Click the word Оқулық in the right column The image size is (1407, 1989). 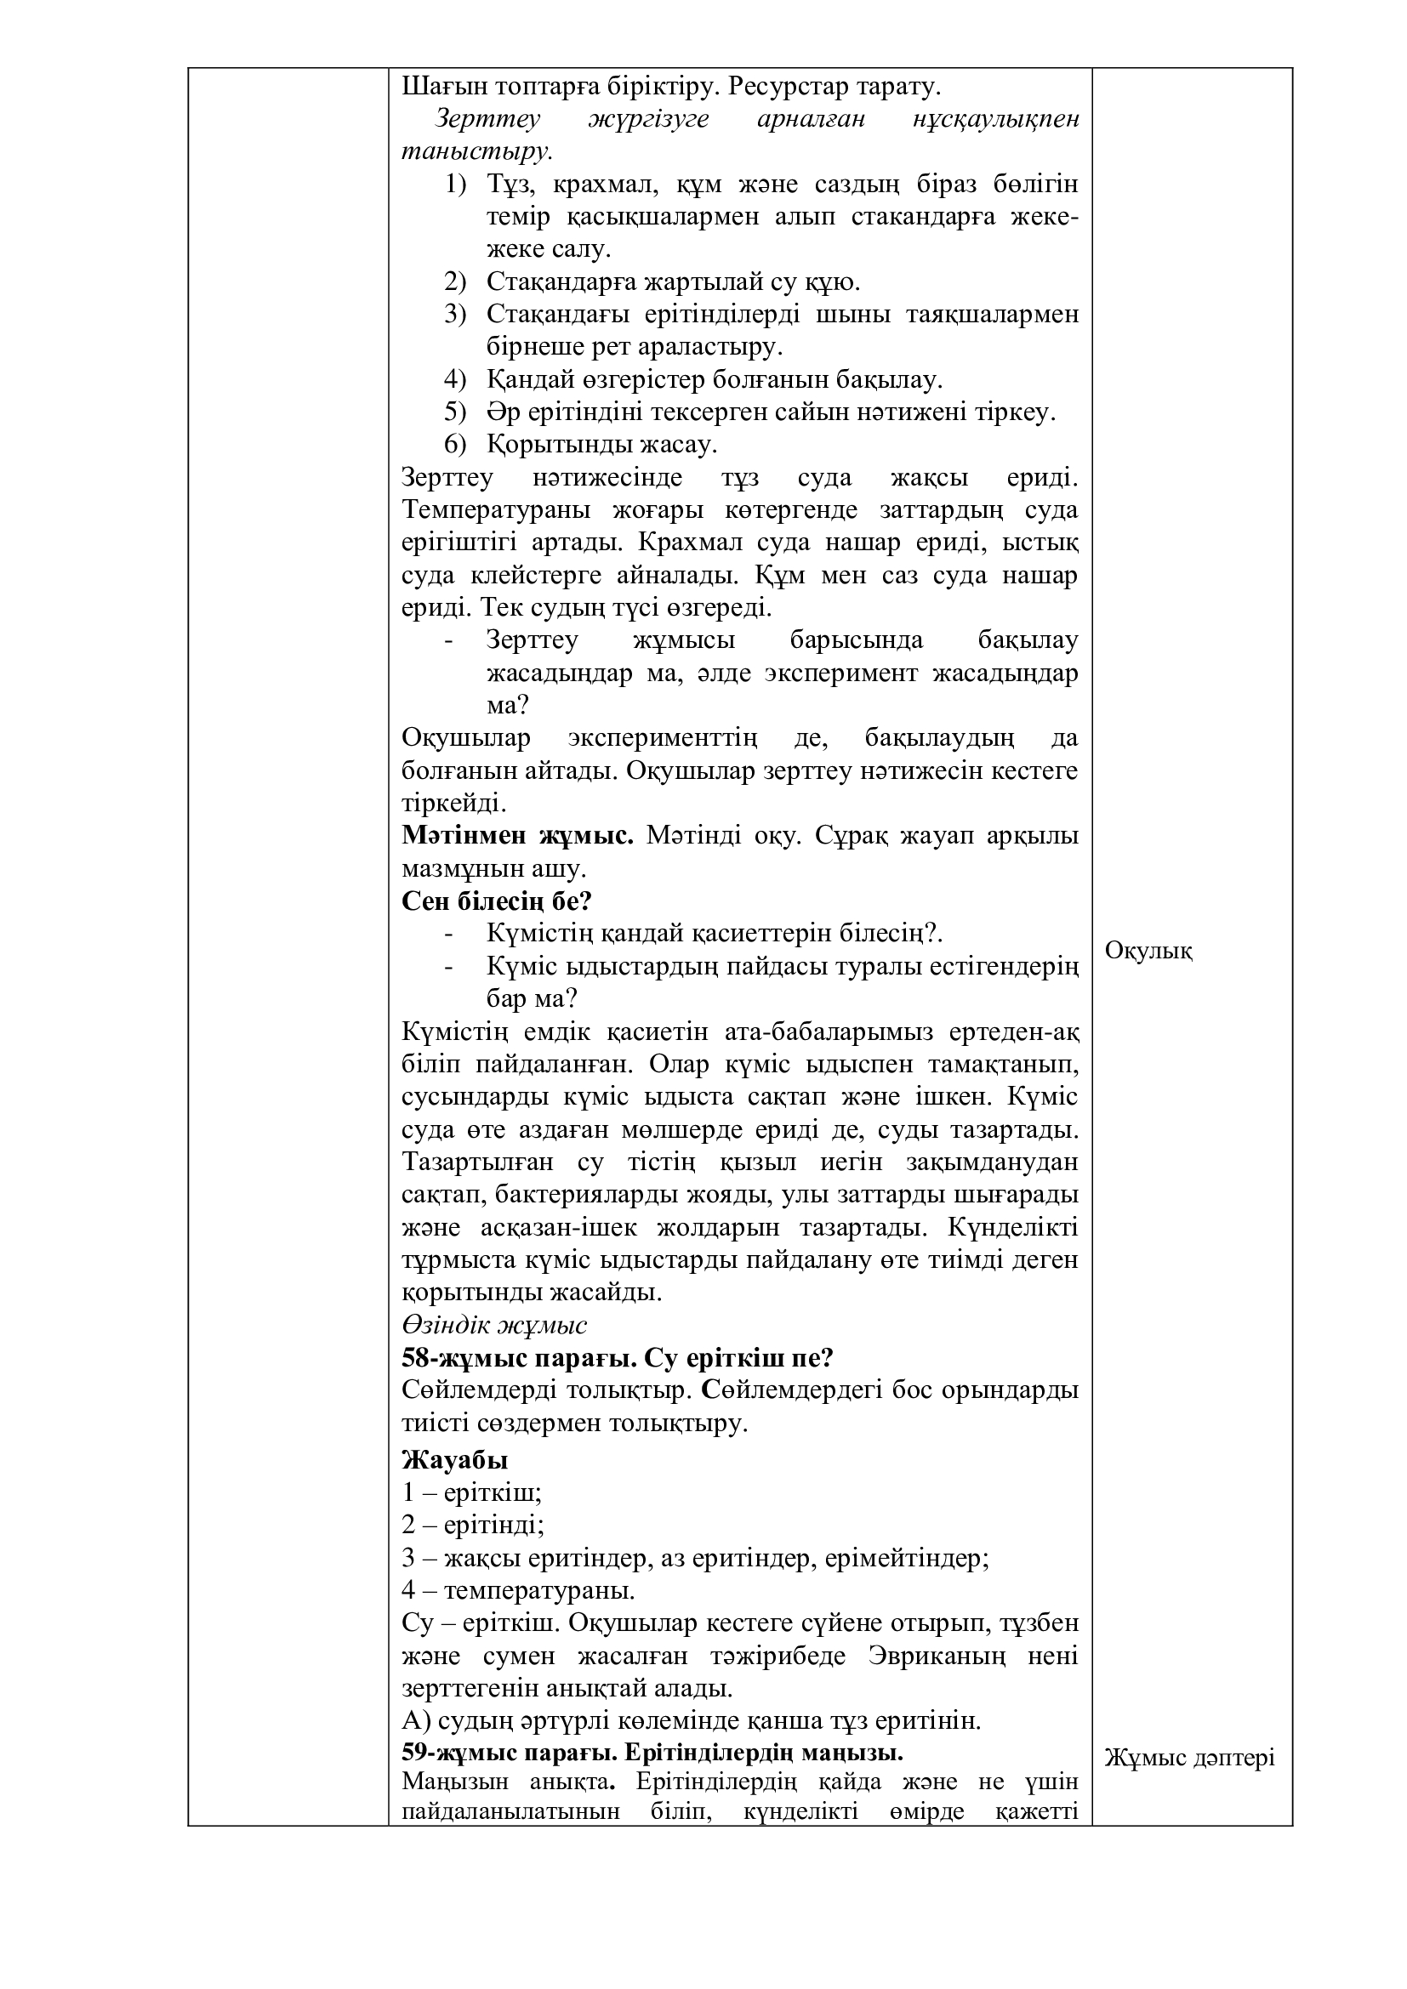pyautogui.click(x=1148, y=952)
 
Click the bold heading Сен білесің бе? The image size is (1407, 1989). pyautogui.click(x=497, y=901)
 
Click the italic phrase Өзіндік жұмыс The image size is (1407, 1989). pyautogui.click(x=495, y=1325)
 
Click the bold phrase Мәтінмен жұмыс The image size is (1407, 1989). pyautogui.click(x=518, y=836)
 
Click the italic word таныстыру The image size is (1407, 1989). pyautogui.click(x=476, y=151)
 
